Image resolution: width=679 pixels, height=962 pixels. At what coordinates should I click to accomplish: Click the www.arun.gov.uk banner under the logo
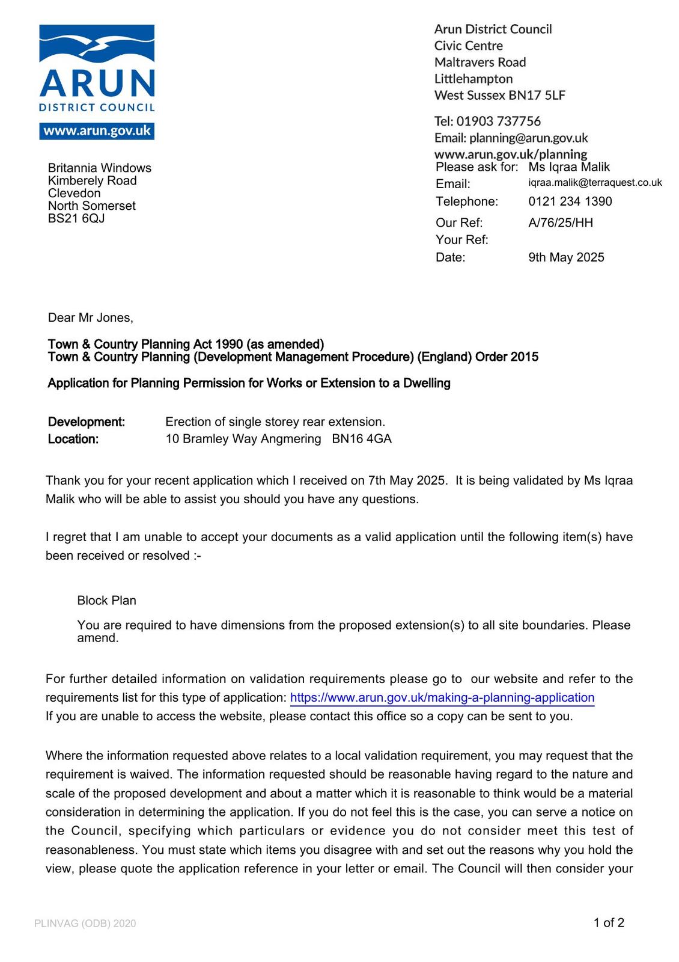[x=97, y=131]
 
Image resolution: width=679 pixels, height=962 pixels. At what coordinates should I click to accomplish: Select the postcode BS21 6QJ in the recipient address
[x=76, y=218]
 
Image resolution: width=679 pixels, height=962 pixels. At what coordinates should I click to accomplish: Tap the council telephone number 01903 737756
[x=498, y=121]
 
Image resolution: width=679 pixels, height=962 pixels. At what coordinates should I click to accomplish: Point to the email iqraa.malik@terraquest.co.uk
[x=595, y=183]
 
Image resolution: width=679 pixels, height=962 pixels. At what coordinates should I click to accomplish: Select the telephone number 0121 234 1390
[x=570, y=201]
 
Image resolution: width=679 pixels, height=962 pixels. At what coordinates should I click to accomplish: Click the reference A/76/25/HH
[x=560, y=223]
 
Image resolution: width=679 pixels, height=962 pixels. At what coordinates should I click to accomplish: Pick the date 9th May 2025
[x=566, y=257]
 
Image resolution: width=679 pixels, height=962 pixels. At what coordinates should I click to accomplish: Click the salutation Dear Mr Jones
[x=90, y=318]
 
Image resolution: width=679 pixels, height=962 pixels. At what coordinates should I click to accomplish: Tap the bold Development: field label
[x=86, y=422]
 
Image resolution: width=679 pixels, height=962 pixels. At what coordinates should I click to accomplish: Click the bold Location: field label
[x=73, y=440]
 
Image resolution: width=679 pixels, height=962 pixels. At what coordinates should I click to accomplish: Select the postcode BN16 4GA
[x=362, y=440]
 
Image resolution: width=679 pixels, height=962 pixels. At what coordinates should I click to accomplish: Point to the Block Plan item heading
[x=106, y=601]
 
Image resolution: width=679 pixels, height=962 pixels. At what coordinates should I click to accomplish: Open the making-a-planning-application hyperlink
[x=442, y=698]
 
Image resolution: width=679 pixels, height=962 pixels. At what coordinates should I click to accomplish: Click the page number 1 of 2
[x=608, y=923]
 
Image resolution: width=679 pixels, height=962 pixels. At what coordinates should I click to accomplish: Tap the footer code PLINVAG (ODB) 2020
[x=85, y=924]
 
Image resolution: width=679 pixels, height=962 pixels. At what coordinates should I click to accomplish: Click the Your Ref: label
[x=461, y=240]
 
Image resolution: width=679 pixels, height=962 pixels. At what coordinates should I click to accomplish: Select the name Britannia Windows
[x=99, y=168]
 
